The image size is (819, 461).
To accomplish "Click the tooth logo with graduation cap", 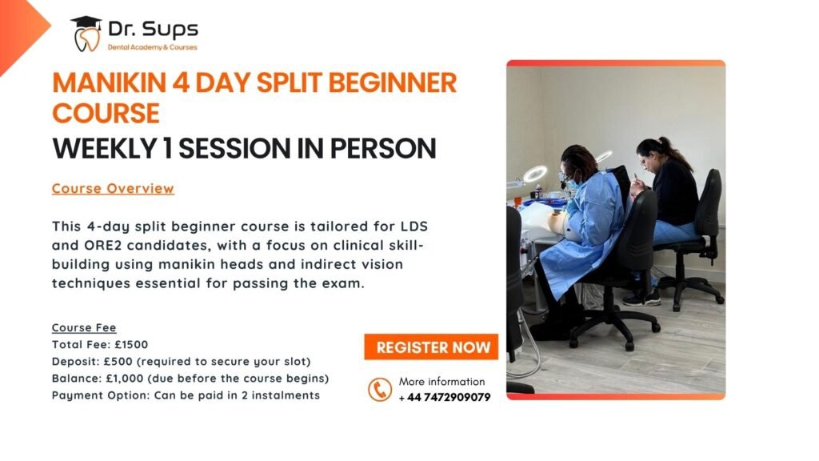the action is [86, 34].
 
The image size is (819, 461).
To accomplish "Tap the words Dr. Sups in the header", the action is [153, 29].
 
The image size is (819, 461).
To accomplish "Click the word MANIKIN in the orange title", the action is [109, 82].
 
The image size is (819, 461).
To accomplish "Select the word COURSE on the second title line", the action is [106, 114].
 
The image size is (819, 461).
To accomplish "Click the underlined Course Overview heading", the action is [113, 189].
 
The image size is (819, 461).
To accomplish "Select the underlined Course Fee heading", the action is [84, 327].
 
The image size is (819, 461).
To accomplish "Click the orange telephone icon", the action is [380, 390].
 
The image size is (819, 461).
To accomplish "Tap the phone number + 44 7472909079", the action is [445, 397].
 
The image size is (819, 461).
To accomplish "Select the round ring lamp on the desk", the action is [535, 174].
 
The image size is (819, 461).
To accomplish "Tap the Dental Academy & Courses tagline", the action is [153, 47].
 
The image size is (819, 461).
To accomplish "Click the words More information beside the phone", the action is [441, 382].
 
